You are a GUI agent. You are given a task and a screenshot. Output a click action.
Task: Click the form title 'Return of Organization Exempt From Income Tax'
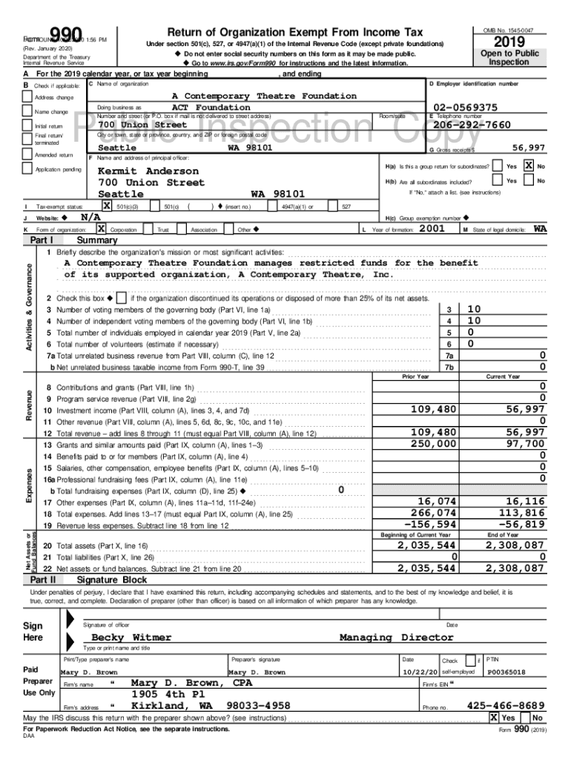[295, 33]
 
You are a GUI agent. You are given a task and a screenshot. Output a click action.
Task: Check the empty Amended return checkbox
[27, 156]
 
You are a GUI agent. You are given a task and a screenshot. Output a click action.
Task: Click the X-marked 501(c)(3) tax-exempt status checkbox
[106, 206]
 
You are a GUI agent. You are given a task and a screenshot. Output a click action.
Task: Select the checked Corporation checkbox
[101, 229]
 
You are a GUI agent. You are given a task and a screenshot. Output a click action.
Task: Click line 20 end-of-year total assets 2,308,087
[515, 546]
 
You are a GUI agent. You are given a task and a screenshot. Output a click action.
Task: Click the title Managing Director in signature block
[396, 637]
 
